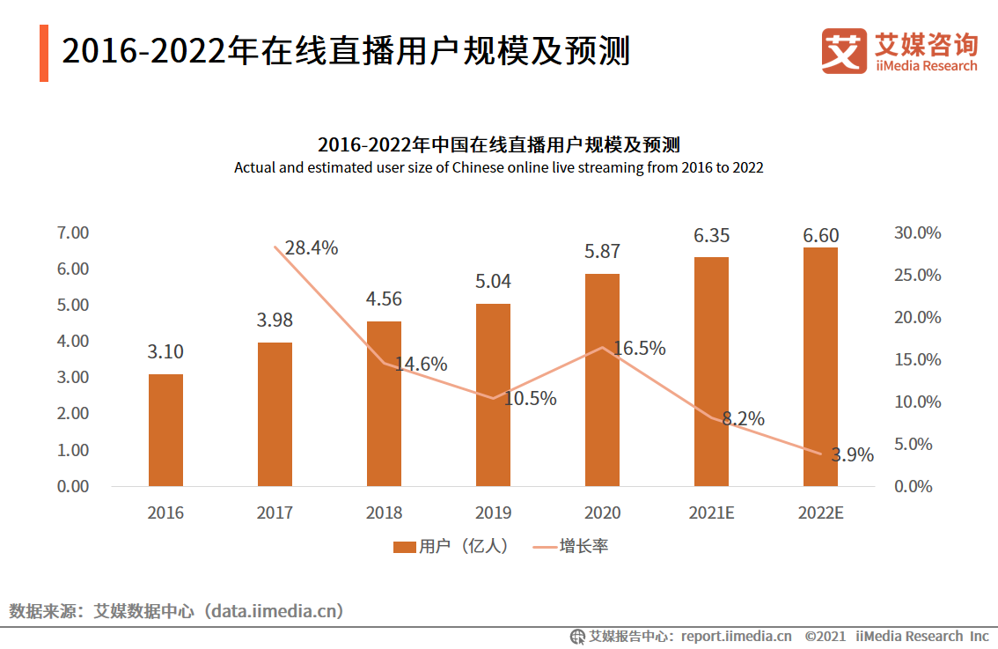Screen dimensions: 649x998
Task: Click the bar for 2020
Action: (x=602, y=380)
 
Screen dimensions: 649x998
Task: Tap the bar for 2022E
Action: (x=820, y=366)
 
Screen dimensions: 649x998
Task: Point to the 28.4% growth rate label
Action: (x=312, y=248)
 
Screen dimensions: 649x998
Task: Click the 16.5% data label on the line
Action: (x=639, y=349)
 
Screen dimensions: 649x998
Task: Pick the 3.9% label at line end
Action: (x=852, y=455)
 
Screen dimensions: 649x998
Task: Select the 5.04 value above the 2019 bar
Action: (x=493, y=282)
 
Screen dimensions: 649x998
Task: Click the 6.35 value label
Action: (x=711, y=236)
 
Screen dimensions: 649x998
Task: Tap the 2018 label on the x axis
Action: (x=384, y=513)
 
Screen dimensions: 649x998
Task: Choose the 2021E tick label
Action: (x=711, y=513)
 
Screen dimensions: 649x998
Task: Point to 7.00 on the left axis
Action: (x=73, y=233)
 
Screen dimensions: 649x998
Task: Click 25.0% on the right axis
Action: (x=917, y=276)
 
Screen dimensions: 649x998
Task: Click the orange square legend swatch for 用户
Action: (x=404, y=547)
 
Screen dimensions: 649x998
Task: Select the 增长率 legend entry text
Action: (x=583, y=547)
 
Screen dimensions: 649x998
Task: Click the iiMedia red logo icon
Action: (x=844, y=51)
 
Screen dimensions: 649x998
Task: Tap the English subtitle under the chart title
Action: (x=498, y=167)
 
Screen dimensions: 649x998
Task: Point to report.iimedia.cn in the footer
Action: (x=736, y=636)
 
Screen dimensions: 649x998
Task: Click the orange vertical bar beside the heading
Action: (x=44, y=53)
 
